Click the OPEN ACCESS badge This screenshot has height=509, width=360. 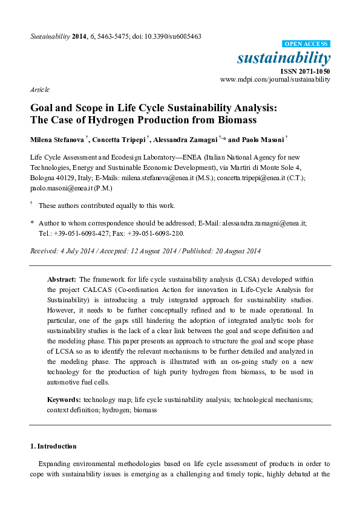tap(307, 44)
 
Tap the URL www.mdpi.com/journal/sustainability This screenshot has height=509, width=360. tap(275, 79)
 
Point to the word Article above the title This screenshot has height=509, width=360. tap(39, 89)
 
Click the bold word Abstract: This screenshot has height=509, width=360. tap(61, 280)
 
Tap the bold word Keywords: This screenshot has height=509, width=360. tap(64, 400)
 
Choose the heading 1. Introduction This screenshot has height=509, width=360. tap(53, 446)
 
